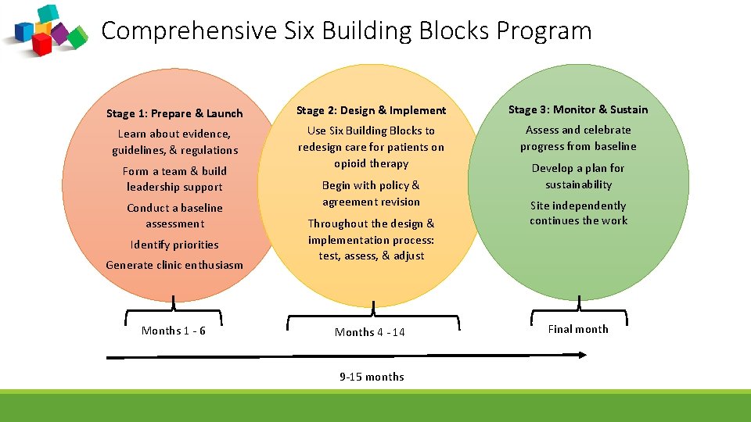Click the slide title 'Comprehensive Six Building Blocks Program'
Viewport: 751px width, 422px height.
347,30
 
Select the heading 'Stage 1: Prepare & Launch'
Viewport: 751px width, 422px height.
174,113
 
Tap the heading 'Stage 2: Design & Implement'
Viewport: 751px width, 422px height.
371,110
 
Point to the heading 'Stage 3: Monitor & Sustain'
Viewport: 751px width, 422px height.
578,109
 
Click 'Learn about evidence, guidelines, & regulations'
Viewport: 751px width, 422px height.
174,141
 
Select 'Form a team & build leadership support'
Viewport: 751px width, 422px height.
174,179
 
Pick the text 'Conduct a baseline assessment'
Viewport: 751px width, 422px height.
174,216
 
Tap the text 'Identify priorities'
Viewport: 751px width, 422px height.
174,245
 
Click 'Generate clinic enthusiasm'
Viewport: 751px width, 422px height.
174,265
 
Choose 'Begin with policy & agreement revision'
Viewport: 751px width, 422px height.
371,193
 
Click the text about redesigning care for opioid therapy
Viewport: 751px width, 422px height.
371,147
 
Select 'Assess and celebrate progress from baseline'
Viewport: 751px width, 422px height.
578,138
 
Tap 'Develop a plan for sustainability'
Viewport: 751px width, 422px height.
578,176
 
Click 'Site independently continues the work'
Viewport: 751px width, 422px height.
578,213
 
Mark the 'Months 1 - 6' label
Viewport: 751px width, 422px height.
174,331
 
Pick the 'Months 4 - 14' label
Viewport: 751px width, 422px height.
370,332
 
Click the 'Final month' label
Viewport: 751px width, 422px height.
578,329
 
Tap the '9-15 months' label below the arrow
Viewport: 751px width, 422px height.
372,377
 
